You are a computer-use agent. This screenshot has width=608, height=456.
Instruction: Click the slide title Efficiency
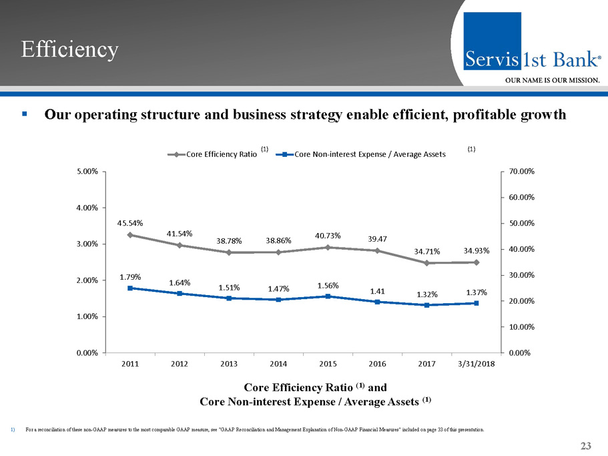(x=69, y=49)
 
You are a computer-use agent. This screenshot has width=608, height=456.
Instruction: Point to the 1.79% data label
(x=130, y=276)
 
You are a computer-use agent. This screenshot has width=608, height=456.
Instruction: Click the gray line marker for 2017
(x=426, y=263)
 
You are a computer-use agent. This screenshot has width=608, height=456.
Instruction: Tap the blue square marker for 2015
(x=328, y=296)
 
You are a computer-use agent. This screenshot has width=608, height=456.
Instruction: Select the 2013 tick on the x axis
(x=229, y=364)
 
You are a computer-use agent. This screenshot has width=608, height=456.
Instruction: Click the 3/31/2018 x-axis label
(x=476, y=364)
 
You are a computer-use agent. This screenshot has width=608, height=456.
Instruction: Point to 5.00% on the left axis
(x=87, y=172)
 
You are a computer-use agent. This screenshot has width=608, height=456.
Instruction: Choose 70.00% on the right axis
(x=521, y=172)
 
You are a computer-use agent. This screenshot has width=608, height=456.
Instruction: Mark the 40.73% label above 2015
(x=328, y=236)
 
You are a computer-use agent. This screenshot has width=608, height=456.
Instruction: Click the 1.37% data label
(x=477, y=292)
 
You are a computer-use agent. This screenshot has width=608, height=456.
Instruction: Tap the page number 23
(x=587, y=447)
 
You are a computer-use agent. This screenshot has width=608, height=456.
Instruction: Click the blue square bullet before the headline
(x=24, y=114)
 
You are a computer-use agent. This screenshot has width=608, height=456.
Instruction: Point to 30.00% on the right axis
(x=521, y=275)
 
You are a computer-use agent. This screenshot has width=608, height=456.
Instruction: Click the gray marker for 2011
(x=130, y=235)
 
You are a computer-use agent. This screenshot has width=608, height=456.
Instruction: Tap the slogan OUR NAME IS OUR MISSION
(x=552, y=80)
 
